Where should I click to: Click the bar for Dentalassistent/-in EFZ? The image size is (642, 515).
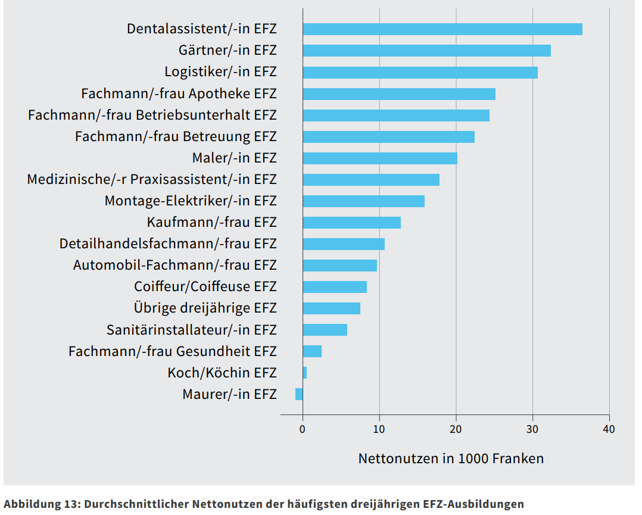(442, 29)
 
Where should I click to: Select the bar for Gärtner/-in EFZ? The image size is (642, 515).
(426, 51)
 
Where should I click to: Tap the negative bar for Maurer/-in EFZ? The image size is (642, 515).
(299, 394)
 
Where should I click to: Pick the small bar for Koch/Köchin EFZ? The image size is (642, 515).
(305, 373)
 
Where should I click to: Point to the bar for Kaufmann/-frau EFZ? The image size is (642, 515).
(351, 223)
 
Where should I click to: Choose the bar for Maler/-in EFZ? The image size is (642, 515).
(380, 158)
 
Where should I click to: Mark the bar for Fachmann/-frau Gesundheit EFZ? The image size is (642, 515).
(312, 351)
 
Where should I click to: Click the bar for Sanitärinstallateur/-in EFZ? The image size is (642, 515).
(325, 330)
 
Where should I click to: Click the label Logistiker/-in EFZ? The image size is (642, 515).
(220, 72)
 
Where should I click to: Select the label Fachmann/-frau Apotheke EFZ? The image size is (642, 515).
(179, 93)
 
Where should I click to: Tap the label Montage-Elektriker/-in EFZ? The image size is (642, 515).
(191, 201)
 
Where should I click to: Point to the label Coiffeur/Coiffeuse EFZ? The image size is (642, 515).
(205, 287)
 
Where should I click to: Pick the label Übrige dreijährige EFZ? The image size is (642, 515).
(205, 308)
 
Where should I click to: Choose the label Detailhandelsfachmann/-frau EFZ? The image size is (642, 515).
(168, 244)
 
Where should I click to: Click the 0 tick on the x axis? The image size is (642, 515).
(303, 429)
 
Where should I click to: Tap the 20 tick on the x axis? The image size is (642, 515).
(456, 429)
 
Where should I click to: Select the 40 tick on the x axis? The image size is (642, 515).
(609, 429)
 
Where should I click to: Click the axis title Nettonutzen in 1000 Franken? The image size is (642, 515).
(451, 458)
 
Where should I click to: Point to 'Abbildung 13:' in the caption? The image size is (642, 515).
(42, 504)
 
